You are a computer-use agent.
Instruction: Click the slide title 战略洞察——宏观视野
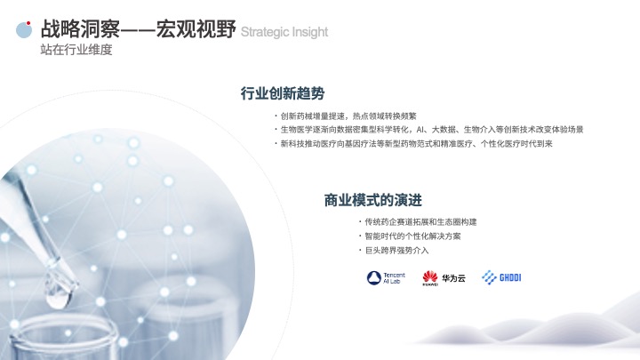138,29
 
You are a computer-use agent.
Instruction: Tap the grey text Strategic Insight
284,32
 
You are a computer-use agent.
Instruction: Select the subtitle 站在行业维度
76,50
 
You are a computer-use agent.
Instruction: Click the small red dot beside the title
28,23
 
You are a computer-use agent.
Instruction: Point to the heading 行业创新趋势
283,93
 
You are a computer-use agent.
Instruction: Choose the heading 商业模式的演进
373,200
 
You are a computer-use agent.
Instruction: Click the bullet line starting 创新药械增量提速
348,116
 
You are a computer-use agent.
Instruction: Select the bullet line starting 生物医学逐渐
432,130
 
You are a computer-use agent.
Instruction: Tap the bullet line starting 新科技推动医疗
416,144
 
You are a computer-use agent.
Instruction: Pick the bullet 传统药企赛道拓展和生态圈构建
420,222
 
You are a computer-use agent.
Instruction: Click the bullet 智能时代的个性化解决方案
412,236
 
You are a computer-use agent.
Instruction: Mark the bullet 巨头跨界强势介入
396,251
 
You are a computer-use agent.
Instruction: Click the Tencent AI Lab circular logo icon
374,278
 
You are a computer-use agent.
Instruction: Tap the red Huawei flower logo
430,277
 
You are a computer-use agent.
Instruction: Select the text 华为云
453,278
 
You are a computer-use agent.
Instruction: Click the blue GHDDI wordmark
510,278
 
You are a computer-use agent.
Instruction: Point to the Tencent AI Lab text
394,278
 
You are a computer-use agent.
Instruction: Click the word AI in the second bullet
420,130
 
